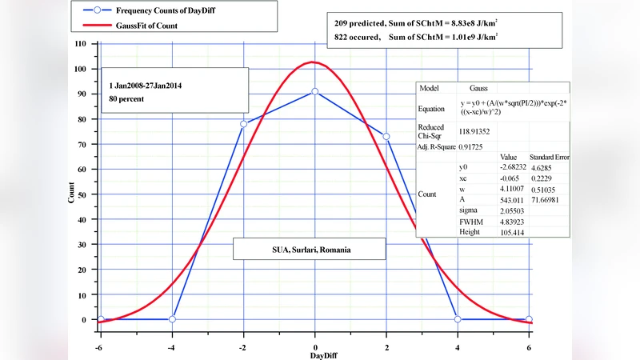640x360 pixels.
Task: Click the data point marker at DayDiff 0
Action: click(315, 91)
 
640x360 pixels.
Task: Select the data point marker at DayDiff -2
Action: click(243, 124)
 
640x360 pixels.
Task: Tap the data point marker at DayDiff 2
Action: click(386, 136)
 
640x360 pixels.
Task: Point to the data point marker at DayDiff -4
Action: click(172, 319)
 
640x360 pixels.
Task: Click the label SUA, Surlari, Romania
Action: click(309, 250)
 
